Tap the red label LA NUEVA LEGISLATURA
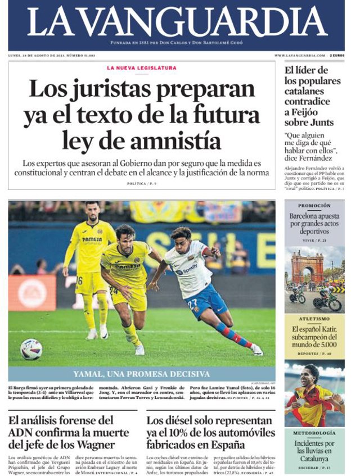coord(141,68)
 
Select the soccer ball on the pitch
coord(31,349)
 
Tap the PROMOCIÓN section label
coord(314,206)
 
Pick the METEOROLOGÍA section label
coord(314,433)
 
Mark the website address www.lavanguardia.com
coord(299,55)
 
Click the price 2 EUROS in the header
coord(337,55)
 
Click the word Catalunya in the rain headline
coord(314,459)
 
